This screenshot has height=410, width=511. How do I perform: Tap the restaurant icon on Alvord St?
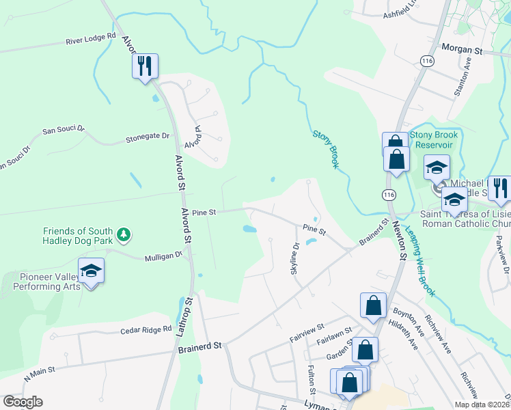145,66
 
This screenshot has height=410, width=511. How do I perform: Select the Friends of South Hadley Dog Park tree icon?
124,236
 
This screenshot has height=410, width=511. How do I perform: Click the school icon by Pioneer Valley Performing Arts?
91,271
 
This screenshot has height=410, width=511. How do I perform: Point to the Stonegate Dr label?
147,137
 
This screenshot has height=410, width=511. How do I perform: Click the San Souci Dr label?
63,128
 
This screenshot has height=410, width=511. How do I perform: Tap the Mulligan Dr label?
164,258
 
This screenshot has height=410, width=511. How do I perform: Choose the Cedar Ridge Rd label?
146,330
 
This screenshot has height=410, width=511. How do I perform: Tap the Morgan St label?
462,51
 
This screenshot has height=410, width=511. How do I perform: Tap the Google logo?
23,402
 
